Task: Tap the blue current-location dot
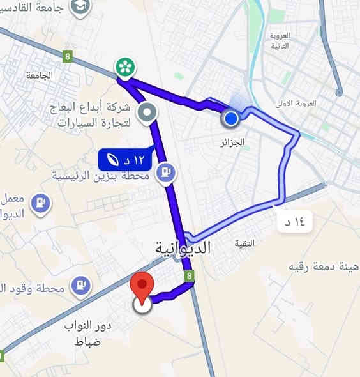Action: [231, 118]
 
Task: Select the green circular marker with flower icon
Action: [124, 66]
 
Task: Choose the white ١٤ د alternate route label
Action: [292, 222]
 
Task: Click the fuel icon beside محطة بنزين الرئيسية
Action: [167, 172]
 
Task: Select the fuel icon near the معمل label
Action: [41, 203]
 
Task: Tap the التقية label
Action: [244, 243]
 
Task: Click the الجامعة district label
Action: [40, 75]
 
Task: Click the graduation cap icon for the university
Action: [81, 6]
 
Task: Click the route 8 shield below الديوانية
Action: [188, 276]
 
